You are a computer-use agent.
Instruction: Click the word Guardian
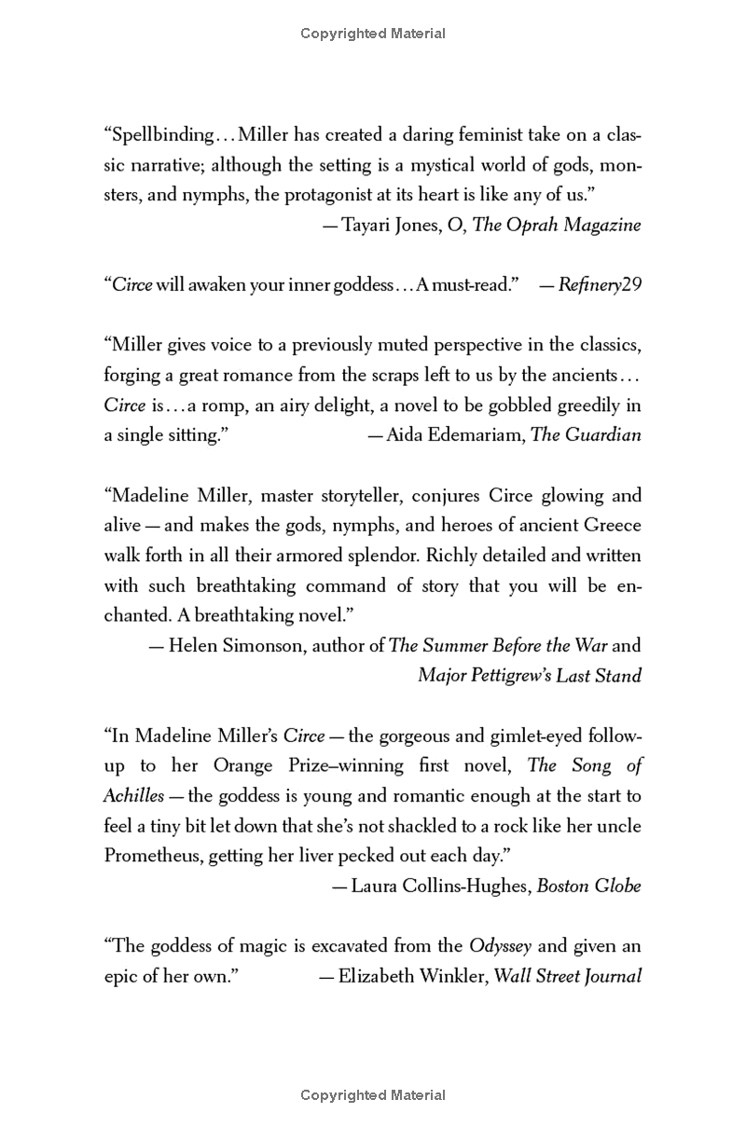coord(603,435)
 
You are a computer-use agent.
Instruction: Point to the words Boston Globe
coord(588,886)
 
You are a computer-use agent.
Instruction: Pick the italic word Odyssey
coord(500,946)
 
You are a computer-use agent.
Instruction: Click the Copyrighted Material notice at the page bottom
coord(373,1096)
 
